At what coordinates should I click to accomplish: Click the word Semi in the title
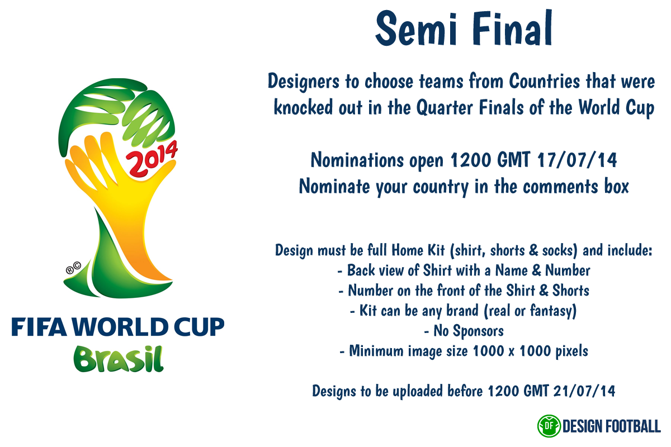(417, 29)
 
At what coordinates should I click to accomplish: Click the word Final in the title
(512, 28)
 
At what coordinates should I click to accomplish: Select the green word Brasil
(119, 359)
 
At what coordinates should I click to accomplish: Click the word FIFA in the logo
(39, 327)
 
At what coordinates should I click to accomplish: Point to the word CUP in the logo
(199, 327)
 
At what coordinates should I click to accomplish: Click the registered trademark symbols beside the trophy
(73, 268)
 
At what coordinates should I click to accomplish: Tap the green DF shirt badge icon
(549, 426)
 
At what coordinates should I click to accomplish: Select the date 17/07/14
(577, 160)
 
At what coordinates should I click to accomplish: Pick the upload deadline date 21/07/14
(584, 391)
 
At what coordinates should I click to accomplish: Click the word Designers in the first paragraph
(304, 82)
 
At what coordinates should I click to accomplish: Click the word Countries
(545, 81)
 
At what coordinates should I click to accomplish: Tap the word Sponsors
(478, 331)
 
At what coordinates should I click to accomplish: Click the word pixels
(572, 351)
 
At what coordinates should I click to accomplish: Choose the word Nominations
(357, 160)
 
